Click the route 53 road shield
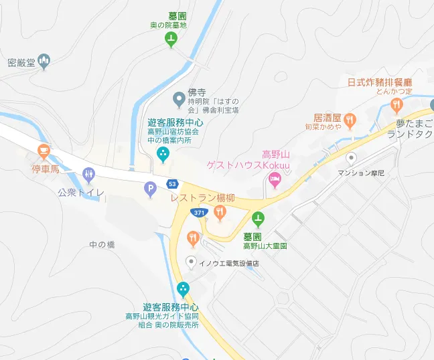[x=173, y=183]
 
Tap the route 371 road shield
[x=199, y=212]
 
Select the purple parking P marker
[x=151, y=190]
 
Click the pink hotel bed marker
[x=274, y=179]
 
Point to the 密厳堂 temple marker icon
[x=45, y=62]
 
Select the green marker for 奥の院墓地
[x=171, y=39]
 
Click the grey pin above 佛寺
[x=178, y=99]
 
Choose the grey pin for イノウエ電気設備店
[x=192, y=262]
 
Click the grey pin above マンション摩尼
[x=351, y=159]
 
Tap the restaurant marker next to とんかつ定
[x=396, y=104]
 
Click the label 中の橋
[x=102, y=245]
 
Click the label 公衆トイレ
[x=81, y=193]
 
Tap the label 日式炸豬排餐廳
[x=380, y=83]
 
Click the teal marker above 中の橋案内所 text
[x=162, y=155]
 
